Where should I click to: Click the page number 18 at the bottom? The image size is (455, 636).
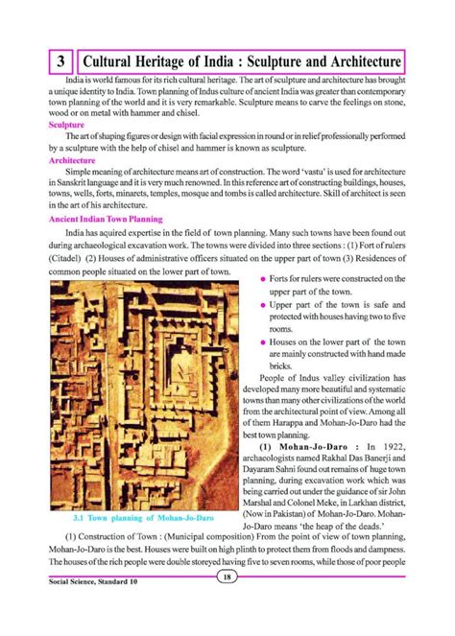(226, 576)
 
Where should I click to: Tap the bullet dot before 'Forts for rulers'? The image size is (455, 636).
(262, 278)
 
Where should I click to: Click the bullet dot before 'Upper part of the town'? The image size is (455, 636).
(262, 304)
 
